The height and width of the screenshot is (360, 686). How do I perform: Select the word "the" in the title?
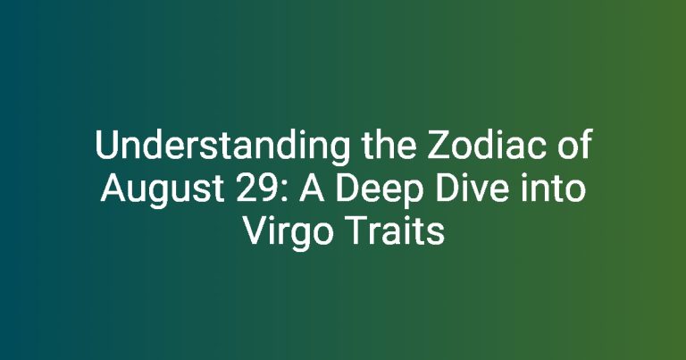point(389,145)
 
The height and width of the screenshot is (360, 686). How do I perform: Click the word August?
point(163,190)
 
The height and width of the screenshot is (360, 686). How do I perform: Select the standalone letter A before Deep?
point(312,188)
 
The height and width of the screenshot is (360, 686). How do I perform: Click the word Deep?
point(376,191)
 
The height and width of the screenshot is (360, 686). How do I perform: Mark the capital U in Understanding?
point(106,146)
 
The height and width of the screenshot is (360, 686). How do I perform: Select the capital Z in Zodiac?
point(438,145)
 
